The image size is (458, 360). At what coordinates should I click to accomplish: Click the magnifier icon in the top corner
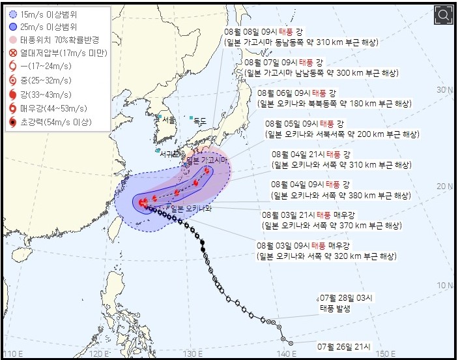[443, 14]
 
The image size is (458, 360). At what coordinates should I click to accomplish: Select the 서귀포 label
[172, 155]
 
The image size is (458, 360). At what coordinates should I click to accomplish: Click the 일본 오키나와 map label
[193, 209]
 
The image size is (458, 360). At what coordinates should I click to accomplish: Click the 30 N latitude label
[445, 89]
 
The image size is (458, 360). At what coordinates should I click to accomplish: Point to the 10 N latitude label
[445, 286]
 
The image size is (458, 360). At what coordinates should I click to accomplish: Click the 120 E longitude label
[100, 353]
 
